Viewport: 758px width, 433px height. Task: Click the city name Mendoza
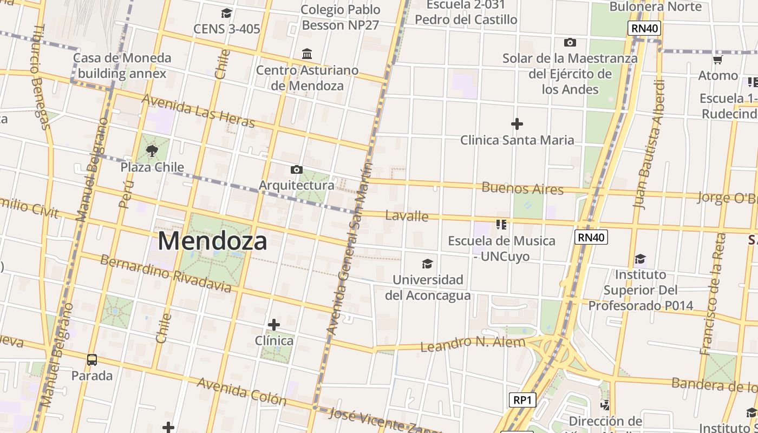point(212,241)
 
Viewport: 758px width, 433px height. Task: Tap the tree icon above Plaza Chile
point(152,150)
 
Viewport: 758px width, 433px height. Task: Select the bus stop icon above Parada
point(92,359)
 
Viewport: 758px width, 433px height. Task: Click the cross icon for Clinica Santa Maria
point(517,124)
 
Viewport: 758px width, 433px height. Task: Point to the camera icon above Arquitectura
point(296,169)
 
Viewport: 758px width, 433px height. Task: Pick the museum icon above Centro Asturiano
point(307,54)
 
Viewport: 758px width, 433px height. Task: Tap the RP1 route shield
point(522,400)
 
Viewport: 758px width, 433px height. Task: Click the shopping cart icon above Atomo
point(718,60)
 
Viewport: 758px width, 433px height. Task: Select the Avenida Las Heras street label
point(198,111)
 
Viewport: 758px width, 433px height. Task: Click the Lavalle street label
point(407,216)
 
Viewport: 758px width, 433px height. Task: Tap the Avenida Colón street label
point(241,391)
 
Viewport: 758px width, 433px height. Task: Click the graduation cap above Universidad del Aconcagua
point(427,264)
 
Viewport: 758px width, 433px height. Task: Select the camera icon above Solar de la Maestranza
point(570,42)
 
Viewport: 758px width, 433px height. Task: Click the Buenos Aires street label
point(522,188)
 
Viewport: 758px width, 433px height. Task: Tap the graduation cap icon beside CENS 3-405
point(226,13)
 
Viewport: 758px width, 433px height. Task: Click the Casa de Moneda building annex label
point(122,65)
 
